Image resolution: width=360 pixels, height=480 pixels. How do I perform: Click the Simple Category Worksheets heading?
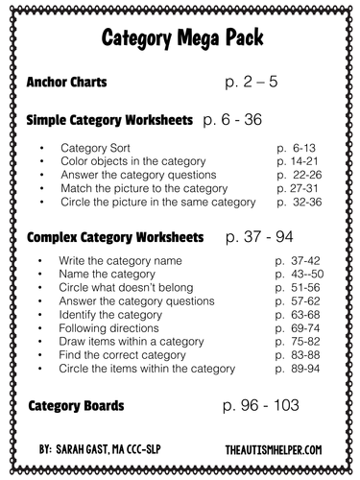point(110,122)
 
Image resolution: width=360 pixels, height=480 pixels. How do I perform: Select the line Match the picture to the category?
point(143,189)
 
